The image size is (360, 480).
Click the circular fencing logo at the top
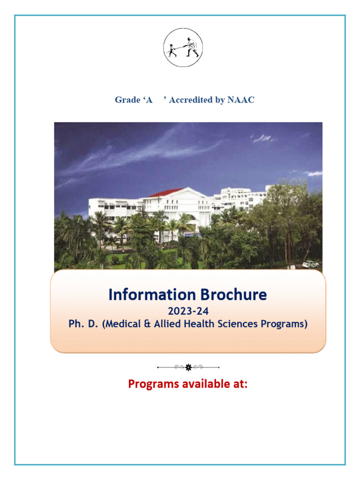tap(183, 47)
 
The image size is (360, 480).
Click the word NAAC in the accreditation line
tap(241, 100)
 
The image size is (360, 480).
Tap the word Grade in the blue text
tap(127, 100)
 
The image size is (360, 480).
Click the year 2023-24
tap(187, 310)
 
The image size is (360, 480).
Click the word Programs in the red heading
tap(153, 384)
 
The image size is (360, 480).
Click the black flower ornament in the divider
tap(188, 367)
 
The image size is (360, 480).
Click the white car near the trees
tap(310, 264)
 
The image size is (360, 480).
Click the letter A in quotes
tap(150, 100)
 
